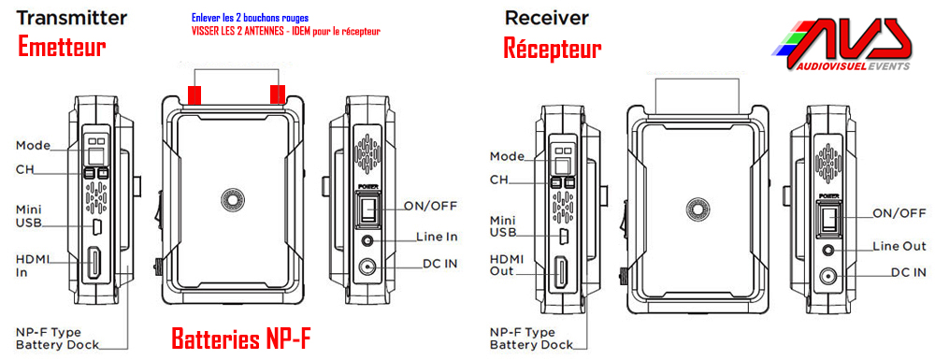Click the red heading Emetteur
click(62, 46)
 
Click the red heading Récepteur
click(553, 48)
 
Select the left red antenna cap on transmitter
click(194, 94)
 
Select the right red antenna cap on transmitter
click(278, 94)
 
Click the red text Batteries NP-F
click(242, 338)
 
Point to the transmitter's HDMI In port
click(94, 263)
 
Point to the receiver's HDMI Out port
click(562, 271)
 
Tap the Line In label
click(436, 237)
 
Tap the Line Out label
click(899, 246)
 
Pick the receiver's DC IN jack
click(828, 276)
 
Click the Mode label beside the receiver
click(507, 156)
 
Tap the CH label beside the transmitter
click(24, 170)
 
